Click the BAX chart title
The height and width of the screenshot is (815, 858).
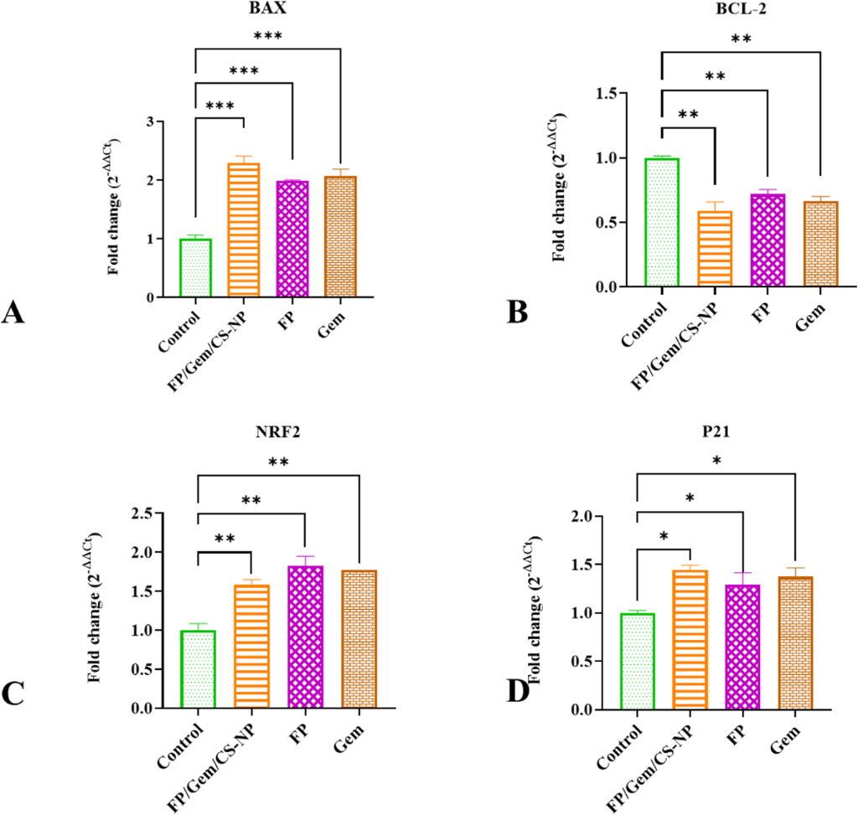pyautogui.click(x=267, y=8)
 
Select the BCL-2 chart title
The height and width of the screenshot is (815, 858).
pyautogui.click(x=741, y=8)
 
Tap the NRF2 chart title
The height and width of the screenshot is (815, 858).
pyautogui.click(x=278, y=432)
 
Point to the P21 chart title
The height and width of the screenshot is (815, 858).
pyautogui.click(x=716, y=431)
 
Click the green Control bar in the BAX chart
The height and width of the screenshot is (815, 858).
pyautogui.click(x=195, y=268)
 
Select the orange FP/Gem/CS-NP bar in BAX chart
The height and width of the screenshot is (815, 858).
pyautogui.click(x=244, y=230)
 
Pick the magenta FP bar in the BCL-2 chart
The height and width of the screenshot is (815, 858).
pyautogui.click(x=768, y=240)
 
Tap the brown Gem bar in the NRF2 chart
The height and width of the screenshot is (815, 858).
pyautogui.click(x=359, y=639)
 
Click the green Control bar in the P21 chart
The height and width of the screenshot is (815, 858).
pyautogui.click(x=638, y=662)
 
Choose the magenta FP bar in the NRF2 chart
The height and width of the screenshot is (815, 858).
pyautogui.click(x=305, y=637)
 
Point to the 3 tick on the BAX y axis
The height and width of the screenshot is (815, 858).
pyautogui.click(x=151, y=121)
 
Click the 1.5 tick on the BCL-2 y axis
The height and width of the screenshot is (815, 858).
pyautogui.click(x=607, y=94)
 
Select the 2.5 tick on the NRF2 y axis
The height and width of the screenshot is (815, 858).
pyautogui.click(x=142, y=513)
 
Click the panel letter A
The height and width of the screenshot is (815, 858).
pyautogui.click(x=13, y=313)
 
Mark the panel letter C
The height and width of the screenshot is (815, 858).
pyautogui.click(x=13, y=694)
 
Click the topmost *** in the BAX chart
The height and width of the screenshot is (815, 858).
pyautogui.click(x=267, y=36)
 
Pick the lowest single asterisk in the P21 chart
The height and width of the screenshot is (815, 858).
pyautogui.click(x=664, y=536)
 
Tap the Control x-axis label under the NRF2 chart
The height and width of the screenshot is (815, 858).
pyautogui.click(x=180, y=745)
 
